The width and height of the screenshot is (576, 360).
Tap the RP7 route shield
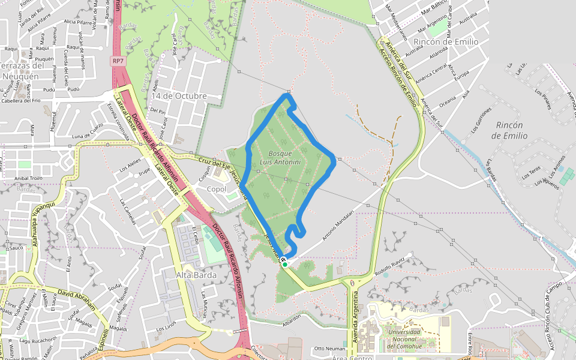118,61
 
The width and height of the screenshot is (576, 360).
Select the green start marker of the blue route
285,264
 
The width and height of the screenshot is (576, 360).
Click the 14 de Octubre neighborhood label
179,96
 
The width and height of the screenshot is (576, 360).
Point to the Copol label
216,190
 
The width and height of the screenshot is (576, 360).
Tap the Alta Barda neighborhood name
196,275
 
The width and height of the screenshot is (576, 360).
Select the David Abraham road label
79,296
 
